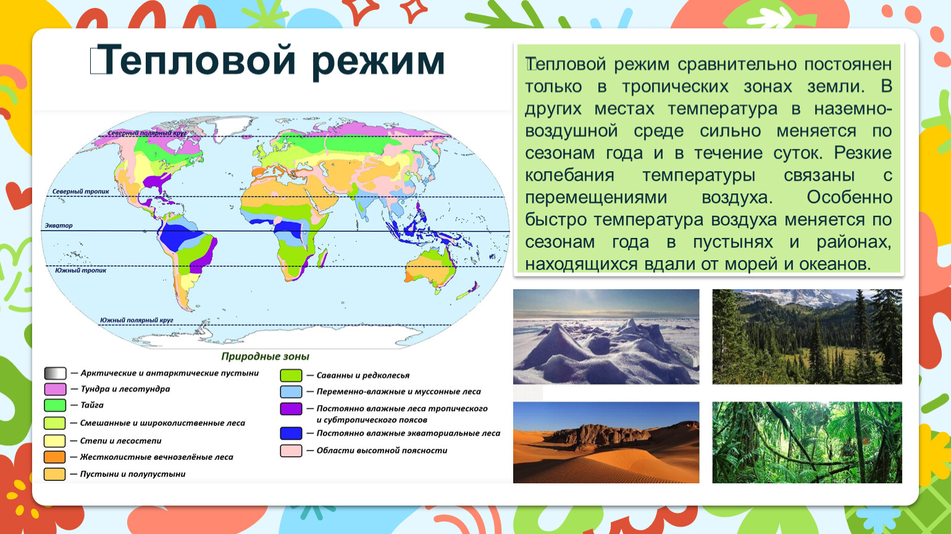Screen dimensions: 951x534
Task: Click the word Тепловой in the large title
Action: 198,60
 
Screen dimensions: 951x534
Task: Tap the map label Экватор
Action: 59,225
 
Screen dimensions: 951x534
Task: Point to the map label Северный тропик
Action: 81,191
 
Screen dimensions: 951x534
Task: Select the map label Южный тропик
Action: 81,270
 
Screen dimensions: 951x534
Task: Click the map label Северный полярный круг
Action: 147,133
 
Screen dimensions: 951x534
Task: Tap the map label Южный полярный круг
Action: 136,320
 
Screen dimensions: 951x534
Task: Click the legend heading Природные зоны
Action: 266,357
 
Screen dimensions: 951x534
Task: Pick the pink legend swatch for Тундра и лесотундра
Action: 55,389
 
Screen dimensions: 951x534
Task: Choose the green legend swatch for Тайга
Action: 55,405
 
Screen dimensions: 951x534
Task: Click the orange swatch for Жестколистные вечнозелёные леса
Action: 55,457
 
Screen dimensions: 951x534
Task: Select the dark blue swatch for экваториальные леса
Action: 291,433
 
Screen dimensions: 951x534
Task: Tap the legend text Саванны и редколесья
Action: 363,376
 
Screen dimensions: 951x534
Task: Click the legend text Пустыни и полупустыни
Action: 133,474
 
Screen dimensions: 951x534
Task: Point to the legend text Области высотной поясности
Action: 382,451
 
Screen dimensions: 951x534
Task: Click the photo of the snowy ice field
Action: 606,337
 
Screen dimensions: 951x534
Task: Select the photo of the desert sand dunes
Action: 606,443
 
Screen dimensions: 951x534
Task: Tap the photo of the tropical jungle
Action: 807,443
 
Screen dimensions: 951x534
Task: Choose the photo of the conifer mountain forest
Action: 807,337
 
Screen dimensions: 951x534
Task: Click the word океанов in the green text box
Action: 835,265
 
